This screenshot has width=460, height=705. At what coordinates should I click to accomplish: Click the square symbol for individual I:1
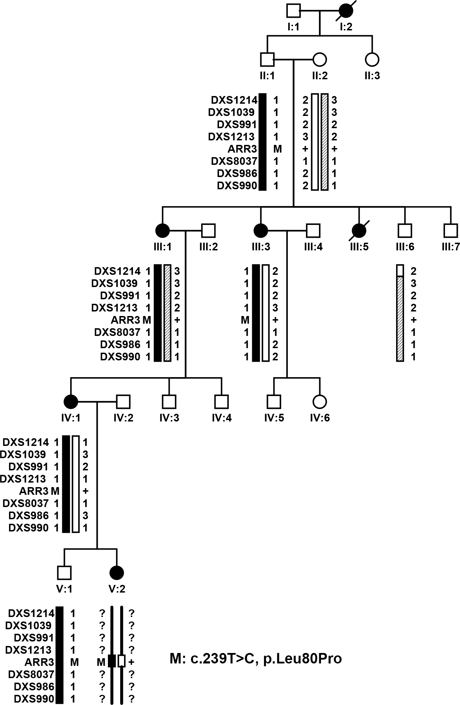pos(293,10)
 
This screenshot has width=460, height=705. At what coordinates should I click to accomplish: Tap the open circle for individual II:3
pos(372,59)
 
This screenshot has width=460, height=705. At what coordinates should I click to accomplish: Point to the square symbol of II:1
pos(267,59)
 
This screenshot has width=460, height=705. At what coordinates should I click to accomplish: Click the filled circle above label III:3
pos(261,230)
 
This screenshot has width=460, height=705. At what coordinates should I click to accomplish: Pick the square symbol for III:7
pos(451,230)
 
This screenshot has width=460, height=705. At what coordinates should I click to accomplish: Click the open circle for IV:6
pos(320,402)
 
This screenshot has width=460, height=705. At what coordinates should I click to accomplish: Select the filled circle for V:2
pos(117,573)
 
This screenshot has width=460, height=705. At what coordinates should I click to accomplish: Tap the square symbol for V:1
pos(64,573)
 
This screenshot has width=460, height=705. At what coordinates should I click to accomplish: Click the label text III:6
pos(405,247)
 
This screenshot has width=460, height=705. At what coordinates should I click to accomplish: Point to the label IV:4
pos(222,418)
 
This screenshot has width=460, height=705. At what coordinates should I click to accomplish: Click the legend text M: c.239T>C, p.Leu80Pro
pos(256,659)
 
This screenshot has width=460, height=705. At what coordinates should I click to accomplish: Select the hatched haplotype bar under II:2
pos(325,142)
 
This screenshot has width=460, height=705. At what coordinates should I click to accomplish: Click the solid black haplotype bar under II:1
pos(263,142)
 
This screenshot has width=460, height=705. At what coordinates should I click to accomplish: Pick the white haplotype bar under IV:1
pos(75,484)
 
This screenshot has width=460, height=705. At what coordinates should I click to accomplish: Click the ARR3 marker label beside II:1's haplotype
pos(242,149)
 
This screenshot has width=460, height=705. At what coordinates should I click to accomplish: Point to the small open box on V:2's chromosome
pos(122,661)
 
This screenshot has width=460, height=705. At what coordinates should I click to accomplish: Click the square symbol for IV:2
pos(123,402)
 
